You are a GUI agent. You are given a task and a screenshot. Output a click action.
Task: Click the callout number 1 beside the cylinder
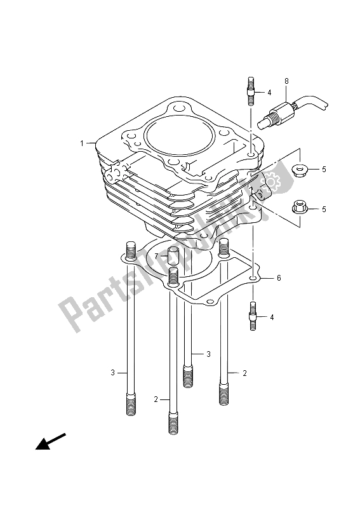coord(82,144)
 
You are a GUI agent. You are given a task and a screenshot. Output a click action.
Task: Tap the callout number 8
coord(287,81)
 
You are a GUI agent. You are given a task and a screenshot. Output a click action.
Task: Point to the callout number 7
coord(147,256)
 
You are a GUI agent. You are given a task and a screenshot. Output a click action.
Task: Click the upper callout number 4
coord(270,93)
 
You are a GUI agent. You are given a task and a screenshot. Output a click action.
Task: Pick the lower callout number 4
coord(272,317)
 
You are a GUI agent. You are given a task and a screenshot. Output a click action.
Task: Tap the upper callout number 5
coord(323,170)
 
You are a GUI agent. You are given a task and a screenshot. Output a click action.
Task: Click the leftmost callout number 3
coord(112,373)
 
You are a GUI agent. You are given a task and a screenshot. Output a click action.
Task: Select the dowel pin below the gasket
coord(253,315)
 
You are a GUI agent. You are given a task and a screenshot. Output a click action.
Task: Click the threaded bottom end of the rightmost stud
coord(225,391)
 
